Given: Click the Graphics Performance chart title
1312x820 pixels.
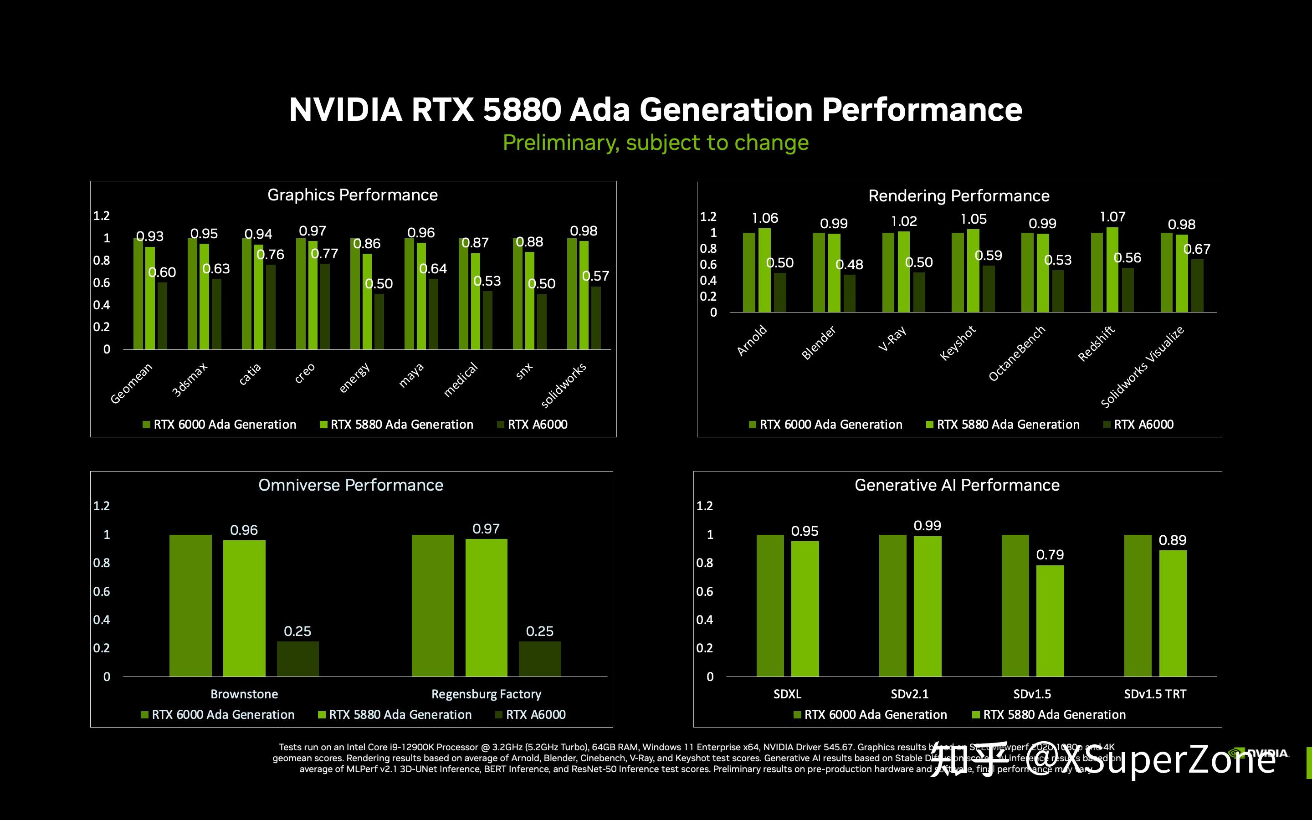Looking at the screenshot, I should click(353, 195).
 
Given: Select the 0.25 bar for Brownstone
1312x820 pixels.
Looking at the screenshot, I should click(297, 658).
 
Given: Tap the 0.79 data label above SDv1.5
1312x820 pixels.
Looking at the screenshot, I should click(1050, 555).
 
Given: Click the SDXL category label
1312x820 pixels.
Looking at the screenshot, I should click(787, 694).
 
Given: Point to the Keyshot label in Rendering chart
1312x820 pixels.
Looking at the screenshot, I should click(958, 343).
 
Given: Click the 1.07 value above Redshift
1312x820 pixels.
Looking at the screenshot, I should click(1112, 217).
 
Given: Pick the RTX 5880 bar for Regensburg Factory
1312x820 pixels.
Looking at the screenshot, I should click(487, 607).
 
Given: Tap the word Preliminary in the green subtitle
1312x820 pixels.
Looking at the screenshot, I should click(560, 143).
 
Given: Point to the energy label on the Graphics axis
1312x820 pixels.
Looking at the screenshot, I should click(354, 378).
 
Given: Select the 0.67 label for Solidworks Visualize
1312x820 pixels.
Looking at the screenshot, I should click(1197, 249).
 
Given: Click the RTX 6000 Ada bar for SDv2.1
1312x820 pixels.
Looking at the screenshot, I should click(892, 605).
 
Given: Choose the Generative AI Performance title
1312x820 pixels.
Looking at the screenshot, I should click(957, 485).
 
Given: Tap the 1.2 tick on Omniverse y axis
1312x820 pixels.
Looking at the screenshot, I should click(102, 506).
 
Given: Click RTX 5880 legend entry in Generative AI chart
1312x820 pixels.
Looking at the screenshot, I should click(1049, 714).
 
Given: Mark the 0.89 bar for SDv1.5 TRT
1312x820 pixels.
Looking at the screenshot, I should click(1173, 613).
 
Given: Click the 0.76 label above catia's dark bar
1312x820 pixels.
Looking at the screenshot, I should click(270, 254).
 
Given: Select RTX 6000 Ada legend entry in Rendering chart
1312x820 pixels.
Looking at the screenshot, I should click(825, 424).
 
